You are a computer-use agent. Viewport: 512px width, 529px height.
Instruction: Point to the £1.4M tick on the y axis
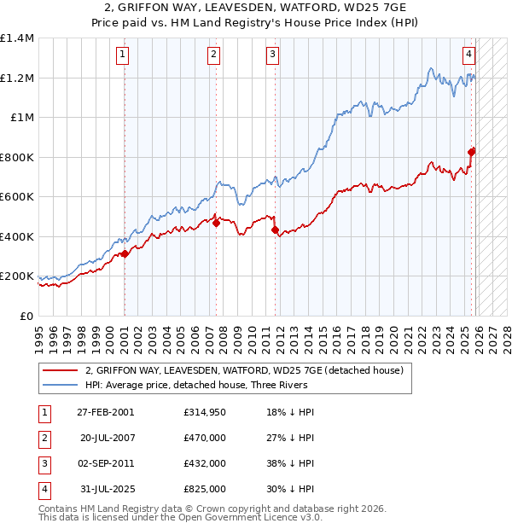pyautogui.click(x=17, y=38)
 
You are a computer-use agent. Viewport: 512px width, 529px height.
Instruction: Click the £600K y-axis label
pyautogui.click(x=17, y=197)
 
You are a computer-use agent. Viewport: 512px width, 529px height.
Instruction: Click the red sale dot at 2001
pyautogui.click(x=125, y=253)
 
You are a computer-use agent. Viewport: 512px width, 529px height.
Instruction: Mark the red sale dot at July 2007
pyautogui.click(x=216, y=223)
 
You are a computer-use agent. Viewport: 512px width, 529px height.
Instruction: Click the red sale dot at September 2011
pyautogui.click(x=275, y=230)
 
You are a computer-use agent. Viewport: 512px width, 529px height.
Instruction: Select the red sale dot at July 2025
pyautogui.click(x=472, y=152)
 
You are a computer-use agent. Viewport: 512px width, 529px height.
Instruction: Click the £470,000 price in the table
pyautogui.click(x=204, y=438)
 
